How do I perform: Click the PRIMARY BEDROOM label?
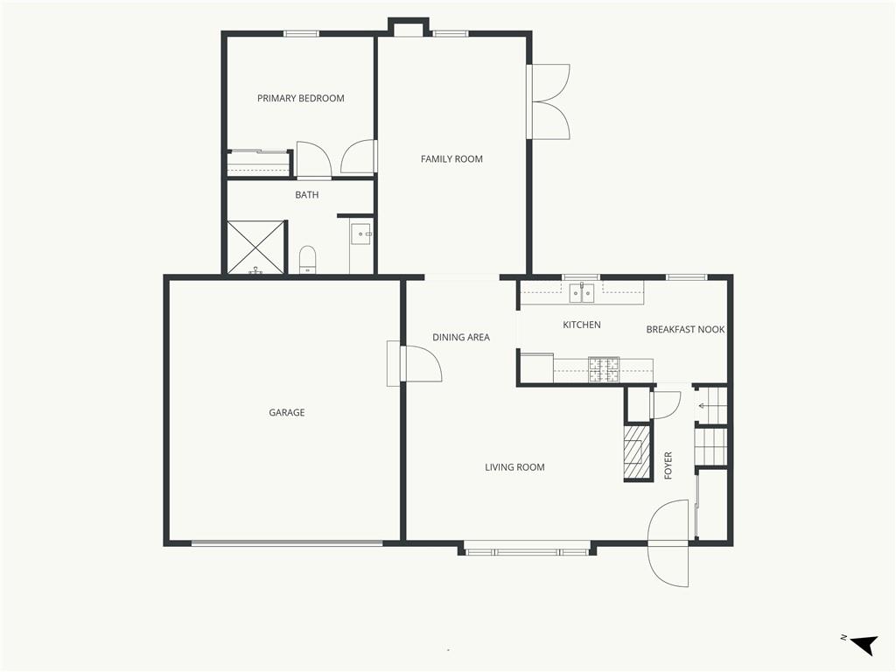pyautogui.click(x=301, y=98)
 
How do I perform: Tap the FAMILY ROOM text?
pyautogui.click(x=451, y=159)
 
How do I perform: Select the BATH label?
pyautogui.click(x=307, y=195)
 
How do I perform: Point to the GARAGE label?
pyautogui.click(x=287, y=412)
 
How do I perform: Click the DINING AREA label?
pyautogui.click(x=460, y=337)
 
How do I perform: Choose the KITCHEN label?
pyautogui.click(x=582, y=325)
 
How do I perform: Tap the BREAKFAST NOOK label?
pyautogui.click(x=685, y=329)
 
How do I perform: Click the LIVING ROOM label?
pyautogui.click(x=514, y=467)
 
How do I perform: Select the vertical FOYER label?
pyautogui.click(x=668, y=465)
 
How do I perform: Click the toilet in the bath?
pyautogui.click(x=307, y=260)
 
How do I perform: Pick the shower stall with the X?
pyautogui.click(x=255, y=248)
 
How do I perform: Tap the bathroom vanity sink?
pyautogui.click(x=361, y=234)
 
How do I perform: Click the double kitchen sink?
pyautogui.click(x=582, y=292)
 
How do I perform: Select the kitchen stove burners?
pyautogui.click(x=604, y=369)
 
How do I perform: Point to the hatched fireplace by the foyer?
pyautogui.click(x=637, y=451)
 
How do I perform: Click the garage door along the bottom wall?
pyautogui.click(x=287, y=542)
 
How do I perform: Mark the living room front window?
pyautogui.click(x=526, y=552)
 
